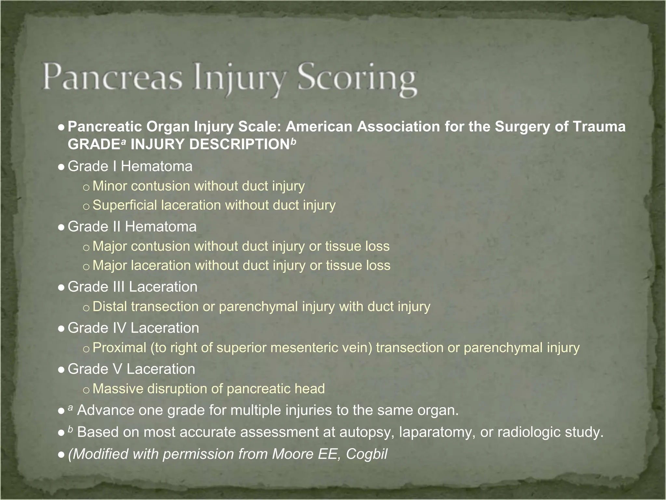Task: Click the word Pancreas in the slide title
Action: coord(112,77)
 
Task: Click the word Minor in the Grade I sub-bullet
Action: coord(110,186)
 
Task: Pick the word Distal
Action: coord(110,307)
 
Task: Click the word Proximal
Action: coord(119,348)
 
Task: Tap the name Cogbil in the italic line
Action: coord(366,454)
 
